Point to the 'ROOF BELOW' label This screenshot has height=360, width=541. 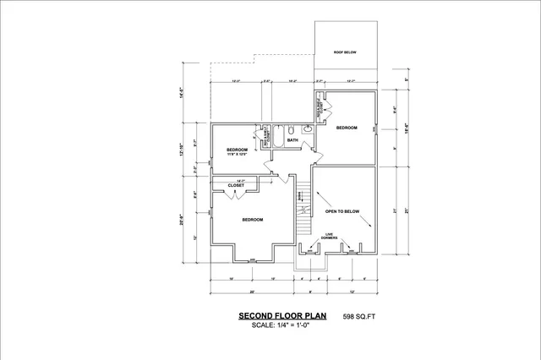point(344,52)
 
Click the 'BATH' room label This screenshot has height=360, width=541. point(292,140)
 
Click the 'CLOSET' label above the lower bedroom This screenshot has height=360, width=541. point(236,185)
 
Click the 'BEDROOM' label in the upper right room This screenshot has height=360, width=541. point(347,128)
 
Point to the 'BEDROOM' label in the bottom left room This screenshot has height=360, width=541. point(253,220)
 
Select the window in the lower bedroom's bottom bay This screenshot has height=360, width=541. point(253,259)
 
